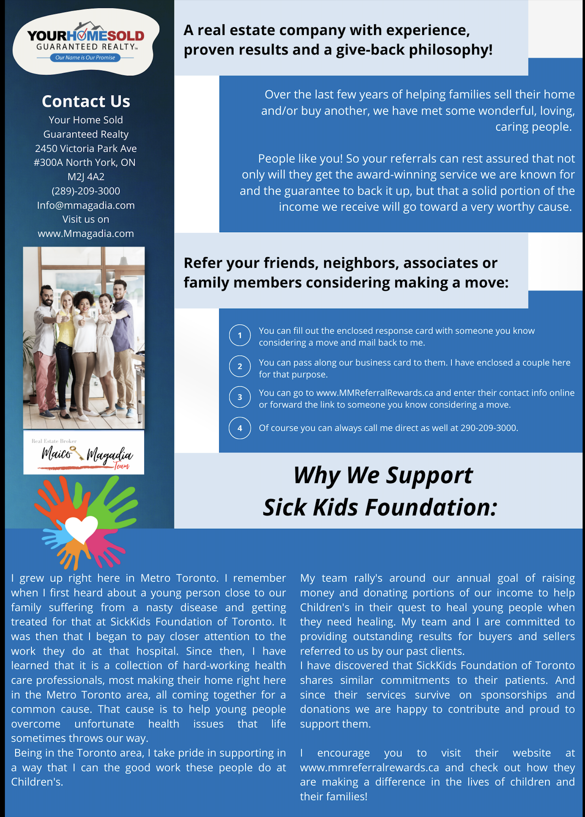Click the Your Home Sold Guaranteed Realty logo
[x=85, y=41]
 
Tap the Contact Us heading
[x=86, y=101]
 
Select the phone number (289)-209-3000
[x=86, y=191]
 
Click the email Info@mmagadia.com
[x=86, y=205]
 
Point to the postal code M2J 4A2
[x=86, y=177]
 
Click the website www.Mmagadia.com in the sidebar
[x=86, y=233]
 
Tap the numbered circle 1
[x=240, y=335]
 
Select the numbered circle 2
[x=240, y=366]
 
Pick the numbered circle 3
[x=240, y=397]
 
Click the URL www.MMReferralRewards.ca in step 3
[x=375, y=393]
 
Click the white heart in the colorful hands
[x=81, y=528]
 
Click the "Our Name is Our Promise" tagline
[x=85, y=58]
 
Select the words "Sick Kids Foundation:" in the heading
[x=380, y=507]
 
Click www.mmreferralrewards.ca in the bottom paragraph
[x=369, y=767]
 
